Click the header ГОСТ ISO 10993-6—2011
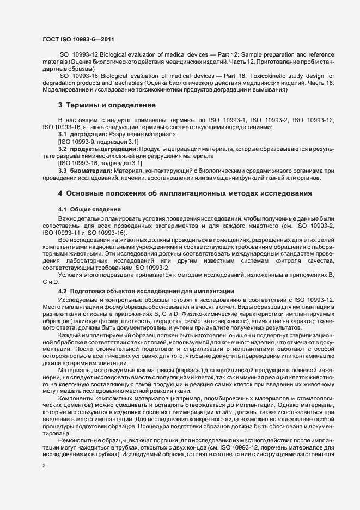click(78, 39)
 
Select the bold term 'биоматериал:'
click(89, 171)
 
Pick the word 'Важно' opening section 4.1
click(67, 218)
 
